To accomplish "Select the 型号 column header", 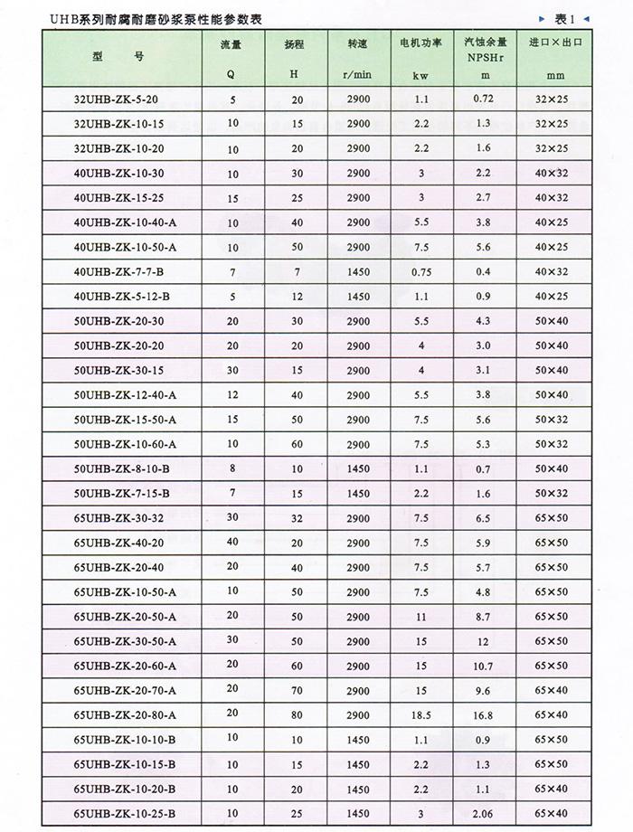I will (118, 56).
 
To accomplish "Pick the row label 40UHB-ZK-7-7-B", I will (120, 271).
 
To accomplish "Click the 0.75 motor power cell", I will (420, 271).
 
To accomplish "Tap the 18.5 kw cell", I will (420, 715).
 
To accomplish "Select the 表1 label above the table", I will (564, 18).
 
